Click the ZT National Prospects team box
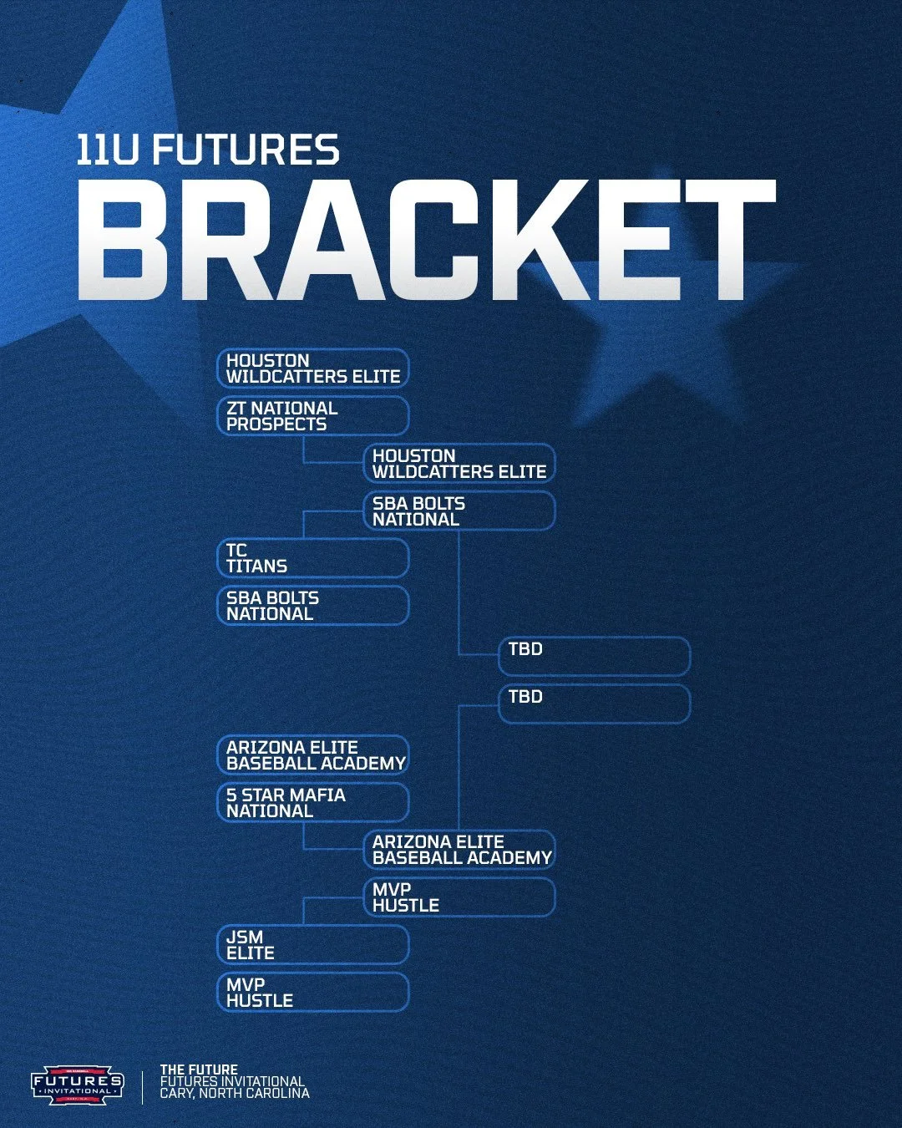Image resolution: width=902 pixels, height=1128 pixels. [313, 416]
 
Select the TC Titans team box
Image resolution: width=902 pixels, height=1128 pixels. [313, 558]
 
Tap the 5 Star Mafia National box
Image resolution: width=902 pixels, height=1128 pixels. [313, 803]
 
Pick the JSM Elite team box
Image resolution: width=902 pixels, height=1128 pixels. [313, 945]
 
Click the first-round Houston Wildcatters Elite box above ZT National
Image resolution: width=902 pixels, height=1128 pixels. [313, 368]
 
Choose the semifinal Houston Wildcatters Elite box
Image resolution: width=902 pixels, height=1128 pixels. [459, 464]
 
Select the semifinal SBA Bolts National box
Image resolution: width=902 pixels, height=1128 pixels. [459, 511]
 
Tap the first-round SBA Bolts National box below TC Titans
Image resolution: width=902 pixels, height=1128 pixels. [313, 606]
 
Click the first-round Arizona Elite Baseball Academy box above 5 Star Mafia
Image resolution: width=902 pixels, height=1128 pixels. [313, 755]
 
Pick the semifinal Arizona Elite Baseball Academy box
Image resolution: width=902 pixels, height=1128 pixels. [459, 850]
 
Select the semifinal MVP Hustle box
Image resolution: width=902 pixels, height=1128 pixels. [459, 897]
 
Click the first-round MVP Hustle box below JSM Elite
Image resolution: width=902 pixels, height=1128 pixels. [313, 993]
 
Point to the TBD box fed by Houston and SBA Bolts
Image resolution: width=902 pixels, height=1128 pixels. [595, 657]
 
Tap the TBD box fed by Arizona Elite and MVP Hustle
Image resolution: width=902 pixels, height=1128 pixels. [595, 704]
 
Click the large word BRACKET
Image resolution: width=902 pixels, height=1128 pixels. [426, 240]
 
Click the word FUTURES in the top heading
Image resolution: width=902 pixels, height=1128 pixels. [246, 150]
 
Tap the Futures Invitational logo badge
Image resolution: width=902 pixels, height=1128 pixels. [78, 1085]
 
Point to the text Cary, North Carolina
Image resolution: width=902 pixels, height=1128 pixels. [235, 1093]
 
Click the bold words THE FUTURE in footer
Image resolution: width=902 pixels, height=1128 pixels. [199, 1070]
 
